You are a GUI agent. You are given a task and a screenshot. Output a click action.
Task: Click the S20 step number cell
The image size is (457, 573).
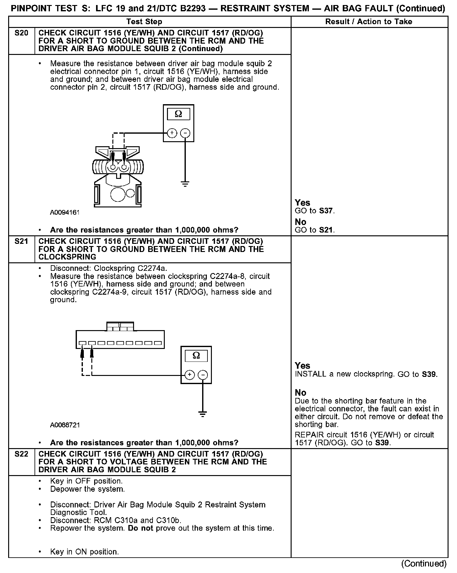pyautogui.click(x=21, y=33)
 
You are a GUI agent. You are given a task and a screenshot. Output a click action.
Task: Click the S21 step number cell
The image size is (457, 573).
pyautogui.click(x=21, y=241)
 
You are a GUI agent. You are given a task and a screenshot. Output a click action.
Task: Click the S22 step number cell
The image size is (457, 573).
pyautogui.click(x=21, y=454)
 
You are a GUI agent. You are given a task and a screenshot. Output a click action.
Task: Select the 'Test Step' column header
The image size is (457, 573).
pyautogui.click(x=144, y=22)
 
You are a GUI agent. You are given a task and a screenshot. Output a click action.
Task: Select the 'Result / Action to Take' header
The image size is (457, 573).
pyautogui.click(x=369, y=22)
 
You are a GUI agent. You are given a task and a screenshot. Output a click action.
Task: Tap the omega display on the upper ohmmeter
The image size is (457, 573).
pyautogui.click(x=178, y=114)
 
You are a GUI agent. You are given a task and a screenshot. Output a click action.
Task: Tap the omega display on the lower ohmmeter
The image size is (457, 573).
pyautogui.click(x=196, y=356)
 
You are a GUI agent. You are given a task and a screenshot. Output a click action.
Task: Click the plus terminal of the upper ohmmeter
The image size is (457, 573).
pyautogui.click(x=172, y=133)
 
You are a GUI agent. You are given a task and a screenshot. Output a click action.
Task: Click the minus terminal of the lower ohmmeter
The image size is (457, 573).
pyautogui.click(x=203, y=375)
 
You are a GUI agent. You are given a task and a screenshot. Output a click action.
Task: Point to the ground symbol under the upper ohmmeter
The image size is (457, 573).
pyautogui.click(x=185, y=184)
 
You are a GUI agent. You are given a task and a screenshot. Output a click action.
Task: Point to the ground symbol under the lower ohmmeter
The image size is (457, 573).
pyautogui.click(x=203, y=414)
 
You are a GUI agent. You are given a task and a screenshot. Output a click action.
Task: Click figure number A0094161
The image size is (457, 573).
pyautogui.click(x=65, y=212)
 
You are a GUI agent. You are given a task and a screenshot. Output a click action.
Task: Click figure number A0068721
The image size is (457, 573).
pyautogui.click(x=65, y=425)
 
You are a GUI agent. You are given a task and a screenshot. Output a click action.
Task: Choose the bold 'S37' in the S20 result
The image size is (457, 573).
pyautogui.click(x=326, y=211)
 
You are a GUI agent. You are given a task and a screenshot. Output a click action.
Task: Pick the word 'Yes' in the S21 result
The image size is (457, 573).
pyautogui.click(x=302, y=366)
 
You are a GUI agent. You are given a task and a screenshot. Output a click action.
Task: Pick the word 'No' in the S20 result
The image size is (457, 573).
pyautogui.click(x=300, y=222)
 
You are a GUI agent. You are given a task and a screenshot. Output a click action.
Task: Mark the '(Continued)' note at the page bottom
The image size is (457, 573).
pyautogui.click(x=424, y=564)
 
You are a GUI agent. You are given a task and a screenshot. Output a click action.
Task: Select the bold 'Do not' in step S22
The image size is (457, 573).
pyautogui.click(x=140, y=528)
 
